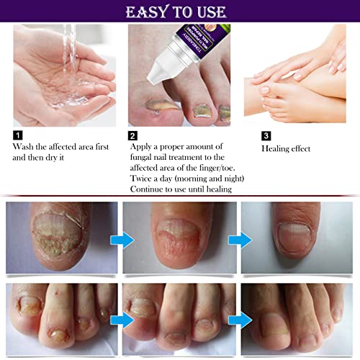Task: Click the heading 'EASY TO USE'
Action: (179, 12)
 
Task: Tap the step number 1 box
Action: (17, 135)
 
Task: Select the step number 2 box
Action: (133, 135)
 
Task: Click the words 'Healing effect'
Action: (285, 149)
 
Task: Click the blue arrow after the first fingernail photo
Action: (126, 239)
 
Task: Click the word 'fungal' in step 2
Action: (145, 156)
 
